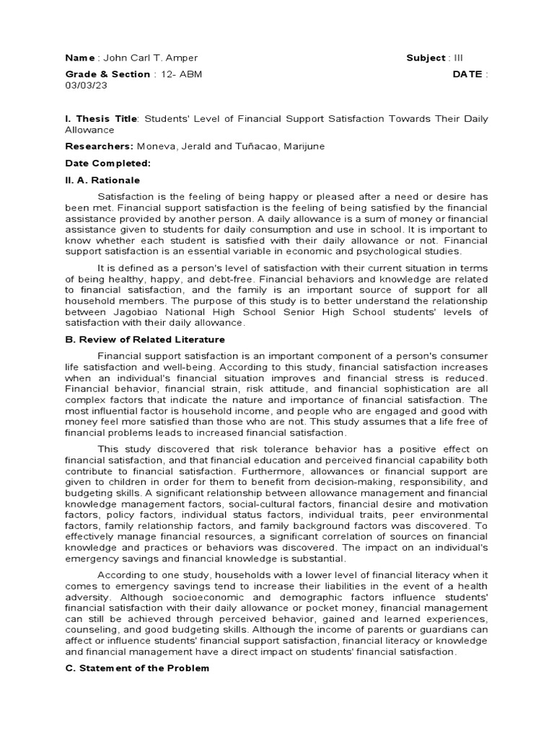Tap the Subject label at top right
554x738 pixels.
[426, 58]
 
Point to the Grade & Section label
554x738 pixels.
[107, 74]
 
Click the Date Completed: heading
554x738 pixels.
[107, 164]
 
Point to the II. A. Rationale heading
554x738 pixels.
[102, 180]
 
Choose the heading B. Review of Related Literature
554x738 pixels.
[145, 339]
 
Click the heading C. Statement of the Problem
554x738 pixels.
[137, 668]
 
